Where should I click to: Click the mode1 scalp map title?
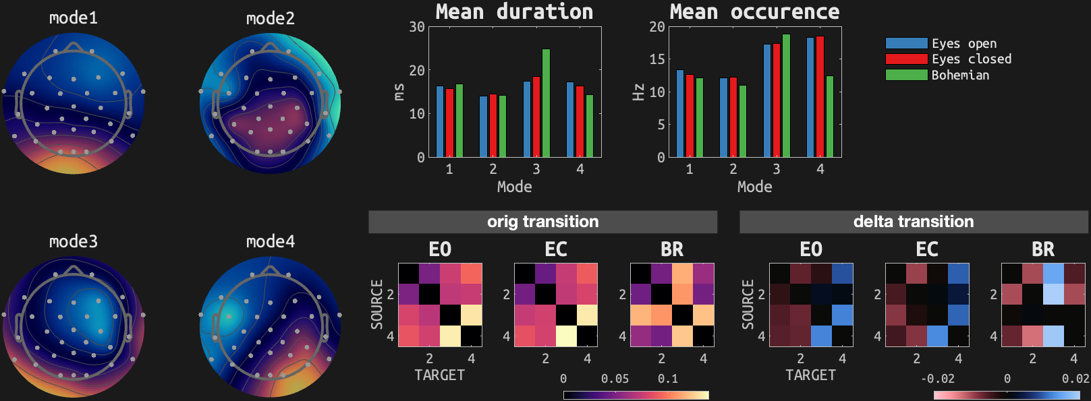[x=74, y=18]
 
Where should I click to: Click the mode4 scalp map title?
[x=270, y=241]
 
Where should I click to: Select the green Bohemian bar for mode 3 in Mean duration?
[x=546, y=103]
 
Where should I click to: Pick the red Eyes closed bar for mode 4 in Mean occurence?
[x=820, y=96]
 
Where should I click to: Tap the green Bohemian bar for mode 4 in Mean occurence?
[x=830, y=117]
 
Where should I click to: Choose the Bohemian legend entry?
[x=960, y=75]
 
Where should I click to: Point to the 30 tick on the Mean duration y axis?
[x=417, y=27]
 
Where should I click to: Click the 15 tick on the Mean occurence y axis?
[x=656, y=59]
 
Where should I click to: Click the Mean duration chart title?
[x=514, y=11]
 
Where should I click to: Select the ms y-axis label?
[x=399, y=92]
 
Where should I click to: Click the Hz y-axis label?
[x=638, y=92]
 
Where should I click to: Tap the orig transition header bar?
[x=542, y=222]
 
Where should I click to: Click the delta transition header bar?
[x=914, y=222]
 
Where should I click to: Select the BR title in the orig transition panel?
[x=671, y=249]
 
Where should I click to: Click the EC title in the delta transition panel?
[x=926, y=249]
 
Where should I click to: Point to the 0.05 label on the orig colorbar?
[x=615, y=379]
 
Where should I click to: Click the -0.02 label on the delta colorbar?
[x=937, y=379]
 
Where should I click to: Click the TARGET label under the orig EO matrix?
[x=439, y=375]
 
